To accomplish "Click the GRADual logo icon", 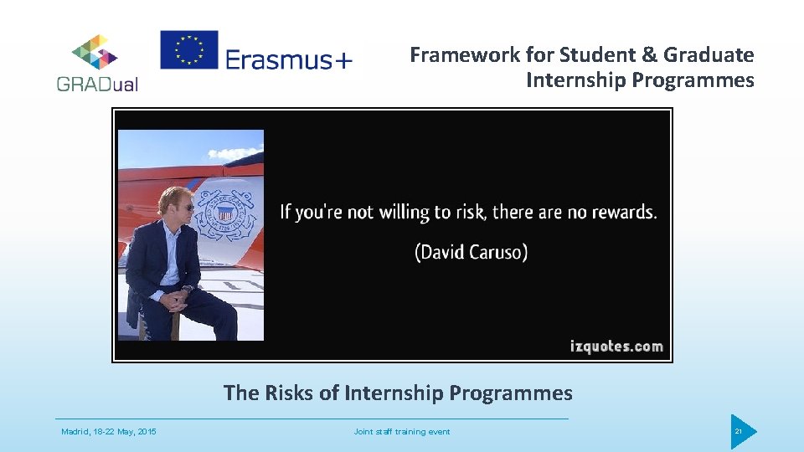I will click(x=95, y=52).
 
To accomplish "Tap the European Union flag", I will click(x=189, y=50).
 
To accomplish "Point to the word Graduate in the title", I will click(x=709, y=55).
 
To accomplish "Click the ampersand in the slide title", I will click(x=647, y=55).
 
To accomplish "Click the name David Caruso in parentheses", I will click(x=471, y=252).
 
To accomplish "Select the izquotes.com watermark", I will click(x=616, y=346).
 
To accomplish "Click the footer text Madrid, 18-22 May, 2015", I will click(x=109, y=432).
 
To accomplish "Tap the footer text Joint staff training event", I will click(x=402, y=432).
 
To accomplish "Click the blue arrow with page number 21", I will click(x=742, y=432).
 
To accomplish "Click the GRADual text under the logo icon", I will click(x=97, y=84).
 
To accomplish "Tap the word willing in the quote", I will click(x=404, y=212).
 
